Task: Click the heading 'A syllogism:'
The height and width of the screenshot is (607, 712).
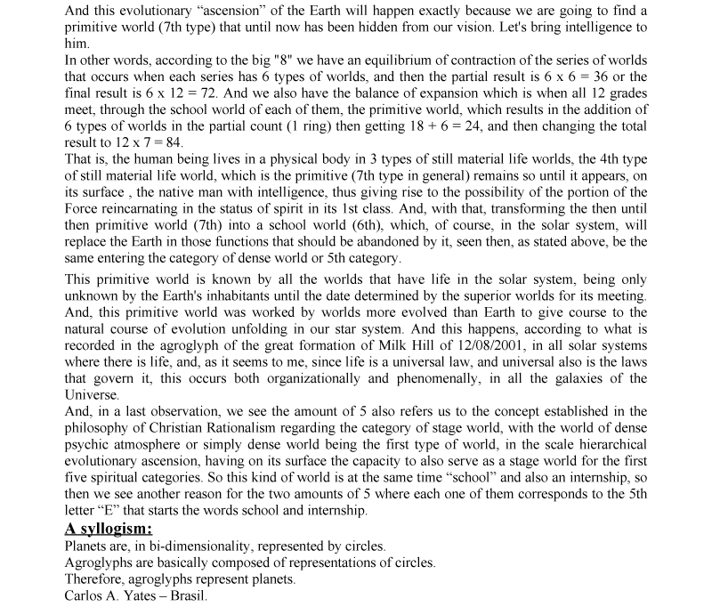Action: (x=108, y=528)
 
